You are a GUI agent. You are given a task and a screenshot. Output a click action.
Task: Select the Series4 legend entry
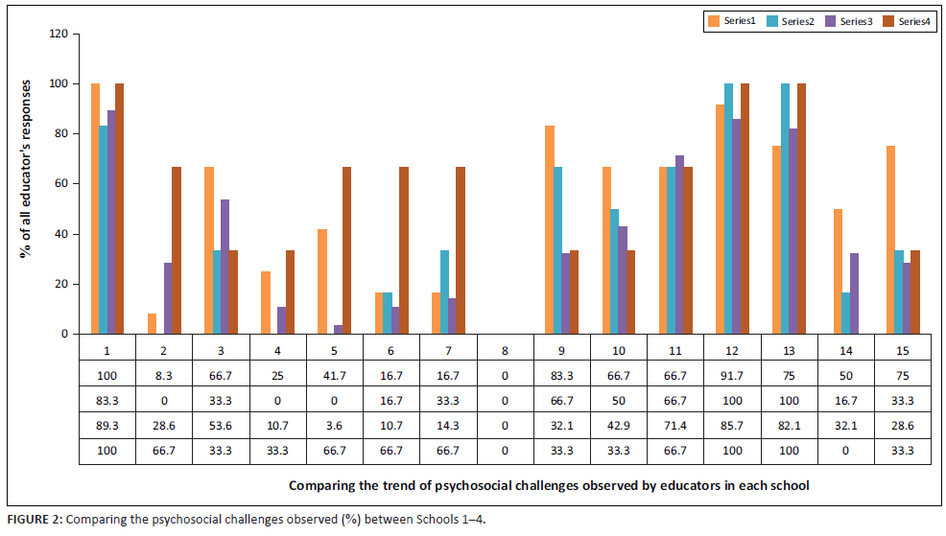tap(908, 20)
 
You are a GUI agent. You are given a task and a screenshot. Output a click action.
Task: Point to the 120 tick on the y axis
tap(59, 35)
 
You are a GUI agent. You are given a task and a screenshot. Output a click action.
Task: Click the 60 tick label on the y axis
tap(62, 184)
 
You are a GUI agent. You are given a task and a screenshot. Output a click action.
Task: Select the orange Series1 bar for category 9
tap(549, 229)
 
